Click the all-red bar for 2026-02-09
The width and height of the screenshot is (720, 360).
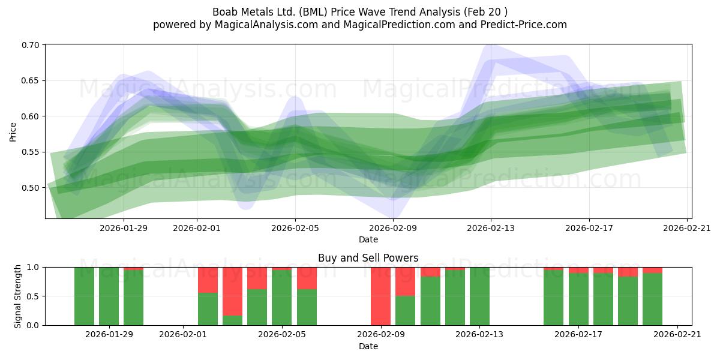click(x=380, y=296)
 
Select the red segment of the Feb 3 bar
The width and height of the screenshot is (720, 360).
click(x=232, y=291)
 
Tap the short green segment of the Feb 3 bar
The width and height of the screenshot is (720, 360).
click(x=232, y=320)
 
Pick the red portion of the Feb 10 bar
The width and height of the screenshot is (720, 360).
click(x=406, y=281)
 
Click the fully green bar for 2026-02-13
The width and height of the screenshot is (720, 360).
click(x=479, y=296)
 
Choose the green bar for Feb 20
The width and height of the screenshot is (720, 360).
click(x=653, y=299)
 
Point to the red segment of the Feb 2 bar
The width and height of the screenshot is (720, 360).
click(x=208, y=280)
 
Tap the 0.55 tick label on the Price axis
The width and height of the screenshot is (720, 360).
click(x=31, y=152)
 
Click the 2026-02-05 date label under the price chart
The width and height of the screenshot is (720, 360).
click(x=295, y=228)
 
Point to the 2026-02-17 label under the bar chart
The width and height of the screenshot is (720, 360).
click(x=578, y=335)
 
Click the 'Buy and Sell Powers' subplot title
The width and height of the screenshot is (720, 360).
click(x=368, y=258)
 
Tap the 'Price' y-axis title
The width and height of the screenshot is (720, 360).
click(x=13, y=132)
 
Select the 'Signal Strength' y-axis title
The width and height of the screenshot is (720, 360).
click(x=17, y=296)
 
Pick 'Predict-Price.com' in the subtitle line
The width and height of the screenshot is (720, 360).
click(x=524, y=25)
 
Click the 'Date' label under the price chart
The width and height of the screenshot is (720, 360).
click(x=368, y=239)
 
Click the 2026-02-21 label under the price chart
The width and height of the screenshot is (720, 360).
click(x=687, y=228)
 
